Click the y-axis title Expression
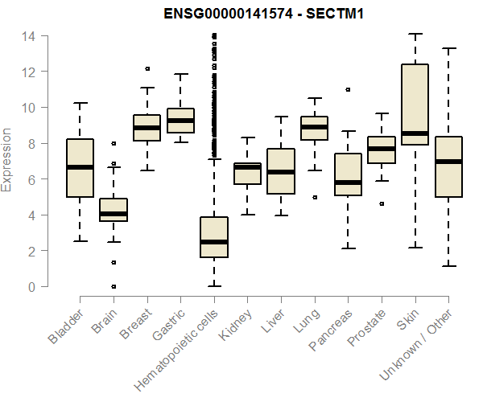[x=8, y=159]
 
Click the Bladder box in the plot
[x=80, y=167]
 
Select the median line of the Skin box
[x=415, y=133]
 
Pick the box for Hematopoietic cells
[x=213, y=237]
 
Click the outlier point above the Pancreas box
[x=348, y=90]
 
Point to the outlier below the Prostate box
[x=382, y=204]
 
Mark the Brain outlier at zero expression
[x=114, y=286]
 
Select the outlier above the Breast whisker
[x=147, y=69]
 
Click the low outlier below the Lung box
[x=314, y=197]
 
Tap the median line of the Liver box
[x=281, y=172]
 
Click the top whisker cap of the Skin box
[x=415, y=35]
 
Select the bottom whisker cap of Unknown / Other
[x=448, y=266]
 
